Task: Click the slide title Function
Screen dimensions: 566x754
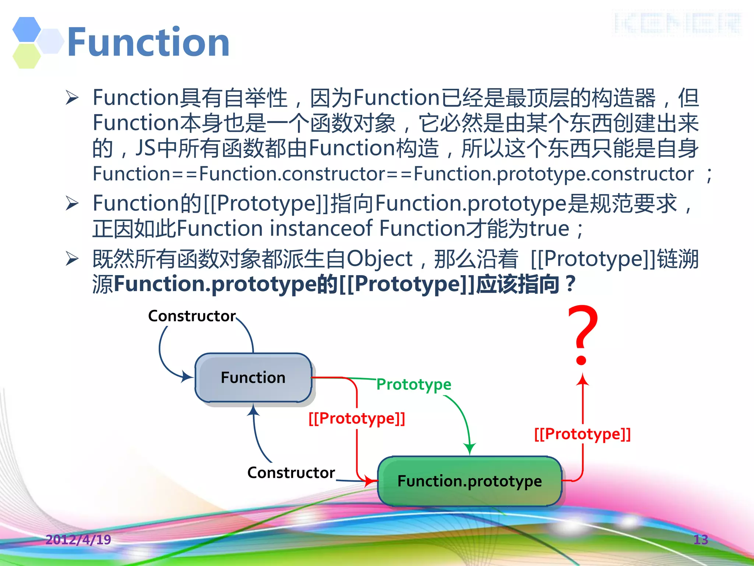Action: tap(148, 42)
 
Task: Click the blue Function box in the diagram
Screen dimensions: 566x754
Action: tap(253, 378)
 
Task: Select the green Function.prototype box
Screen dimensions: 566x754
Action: tap(470, 481)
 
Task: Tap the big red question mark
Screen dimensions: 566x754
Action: tap(582, 333)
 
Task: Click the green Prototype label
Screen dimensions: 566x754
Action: tap(414, 384)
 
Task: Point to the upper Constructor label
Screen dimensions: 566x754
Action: tap(192, 316)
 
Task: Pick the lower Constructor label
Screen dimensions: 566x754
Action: tap(291, 473)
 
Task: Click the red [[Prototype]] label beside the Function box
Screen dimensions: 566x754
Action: tap(357, 419)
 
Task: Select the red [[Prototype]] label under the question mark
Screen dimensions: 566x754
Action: tap(582, 434)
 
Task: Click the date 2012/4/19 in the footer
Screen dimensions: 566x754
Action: tap(78, 540)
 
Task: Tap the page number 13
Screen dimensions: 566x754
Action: tap(701, 540)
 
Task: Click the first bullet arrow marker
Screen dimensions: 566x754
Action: tap(72, 98)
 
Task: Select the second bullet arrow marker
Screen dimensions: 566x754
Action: tap(72, 203)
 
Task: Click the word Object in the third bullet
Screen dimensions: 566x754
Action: tap(380, 259)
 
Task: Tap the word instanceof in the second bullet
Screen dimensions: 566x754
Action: tap(321, 228)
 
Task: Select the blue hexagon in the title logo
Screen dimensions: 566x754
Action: tap(27, 29)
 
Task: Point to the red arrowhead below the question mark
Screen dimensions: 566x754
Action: tap(582, 380)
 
